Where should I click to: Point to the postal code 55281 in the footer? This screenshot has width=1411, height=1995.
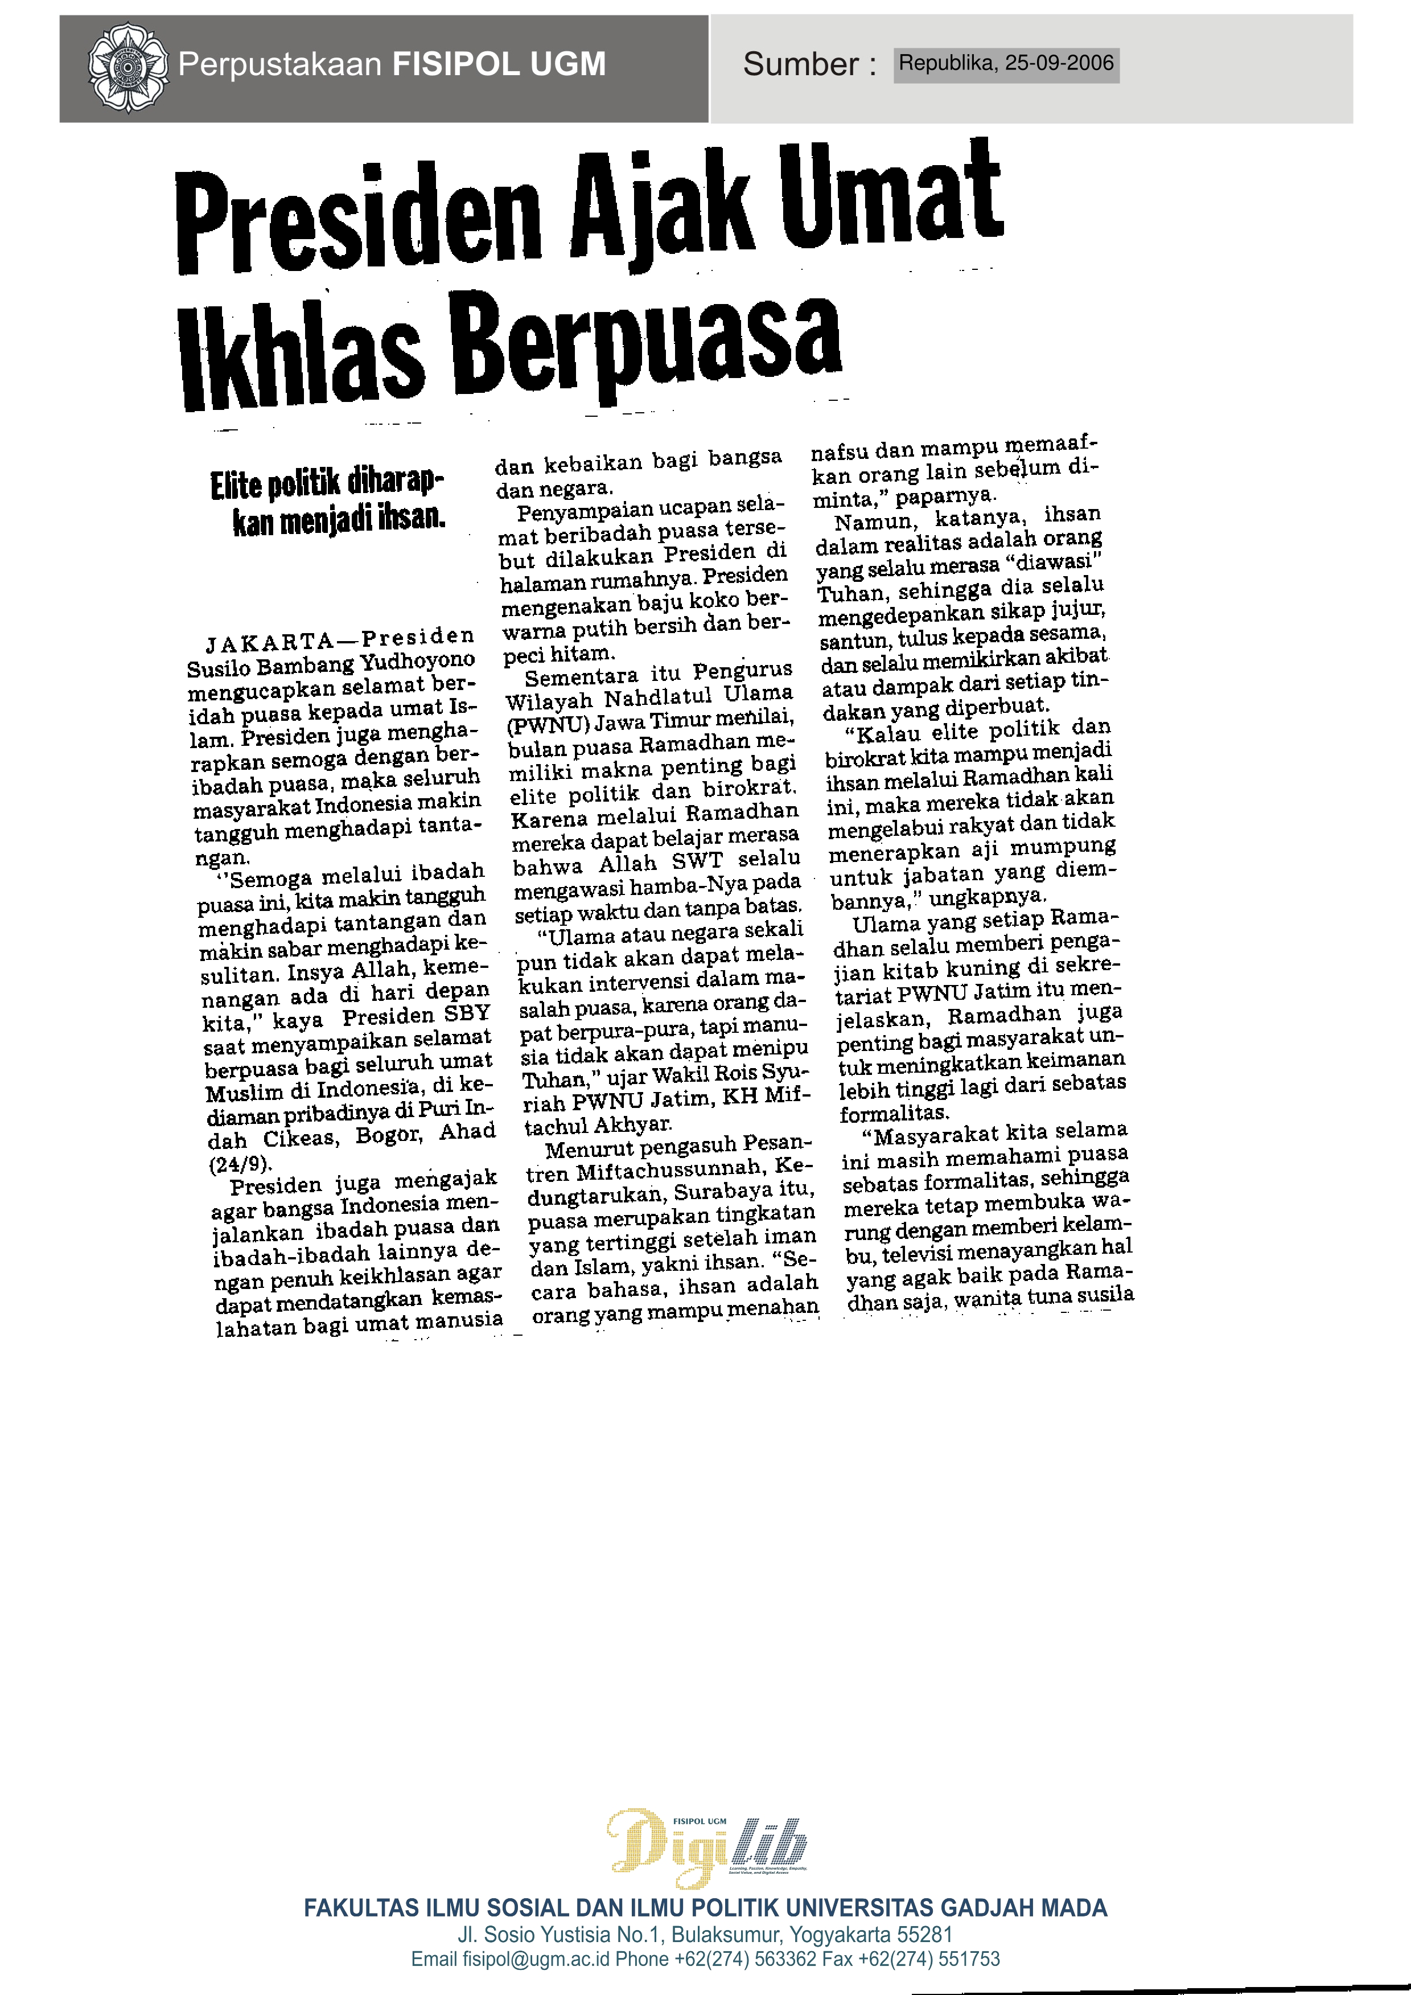click(926, 1935)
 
